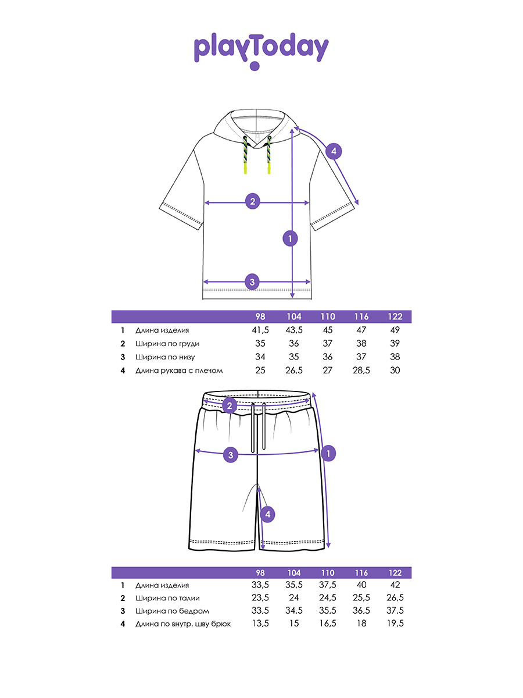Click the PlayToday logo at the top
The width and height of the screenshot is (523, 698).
pos(261,50)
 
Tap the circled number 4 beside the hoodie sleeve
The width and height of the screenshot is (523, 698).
pos(333,152)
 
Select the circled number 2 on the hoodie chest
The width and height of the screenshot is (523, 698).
pos(252,202)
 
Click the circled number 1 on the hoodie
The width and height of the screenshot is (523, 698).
pos(289,237)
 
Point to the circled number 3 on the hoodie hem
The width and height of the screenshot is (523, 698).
pos(252,283)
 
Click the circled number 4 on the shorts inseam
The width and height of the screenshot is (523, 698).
pos(266,514)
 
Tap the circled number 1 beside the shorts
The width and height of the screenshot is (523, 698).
pos(329,453)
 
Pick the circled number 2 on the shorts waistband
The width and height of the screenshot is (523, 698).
pos(230,405)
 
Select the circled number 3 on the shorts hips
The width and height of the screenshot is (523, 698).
pos(231,455)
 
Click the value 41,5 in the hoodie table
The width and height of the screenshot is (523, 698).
pos(260,330)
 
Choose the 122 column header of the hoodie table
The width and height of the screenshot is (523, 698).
pos(395,316)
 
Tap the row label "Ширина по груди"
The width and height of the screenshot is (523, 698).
pos(167,343)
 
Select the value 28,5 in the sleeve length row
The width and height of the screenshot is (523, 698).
pos(361,371)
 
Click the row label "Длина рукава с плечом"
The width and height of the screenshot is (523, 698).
pos(179,371)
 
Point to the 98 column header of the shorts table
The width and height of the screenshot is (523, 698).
pos(260,572)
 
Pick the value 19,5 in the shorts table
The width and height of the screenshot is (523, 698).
pos(395,624)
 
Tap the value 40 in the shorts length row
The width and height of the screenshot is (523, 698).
pos(361,585)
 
